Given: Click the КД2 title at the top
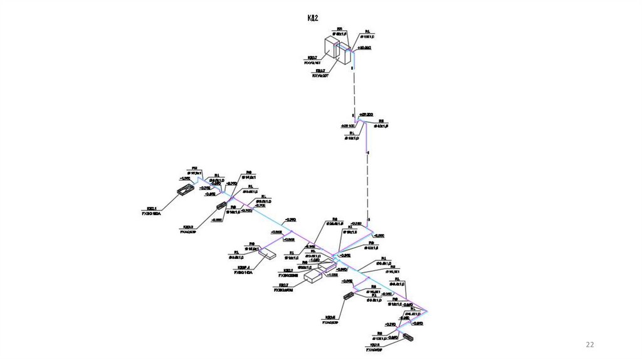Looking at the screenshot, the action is coord(312,18).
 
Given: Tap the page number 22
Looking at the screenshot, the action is coord(589,344).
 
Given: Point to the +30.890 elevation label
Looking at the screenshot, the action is coord(364,48).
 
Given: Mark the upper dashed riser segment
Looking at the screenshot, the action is coord(353,88).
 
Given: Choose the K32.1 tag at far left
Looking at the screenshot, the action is coord(152,208).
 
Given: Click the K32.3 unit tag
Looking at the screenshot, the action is coord(187,227).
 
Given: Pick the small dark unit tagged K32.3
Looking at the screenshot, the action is coord(221,206).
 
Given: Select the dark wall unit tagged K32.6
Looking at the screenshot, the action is coord(349,297).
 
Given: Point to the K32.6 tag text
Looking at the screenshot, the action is coord(330,317).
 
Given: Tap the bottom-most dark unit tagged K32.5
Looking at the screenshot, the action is coord(408,336).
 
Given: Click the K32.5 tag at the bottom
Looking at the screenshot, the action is coord(375,345).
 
